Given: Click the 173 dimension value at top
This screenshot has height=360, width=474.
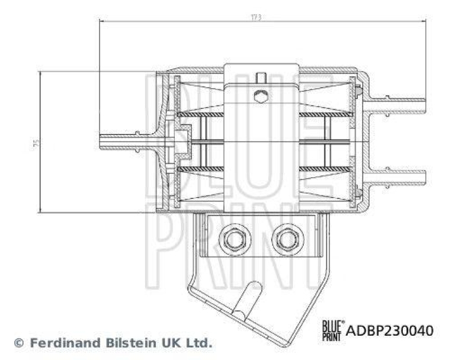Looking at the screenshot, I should [257, 18].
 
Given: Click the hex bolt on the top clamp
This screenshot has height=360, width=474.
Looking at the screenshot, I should [260, 96].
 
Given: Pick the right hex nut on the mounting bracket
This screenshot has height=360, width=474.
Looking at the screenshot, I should [287, 239].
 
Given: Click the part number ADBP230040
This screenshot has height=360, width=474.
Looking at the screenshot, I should [390, 330].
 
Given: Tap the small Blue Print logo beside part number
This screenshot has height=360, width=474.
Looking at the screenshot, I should [332, 329].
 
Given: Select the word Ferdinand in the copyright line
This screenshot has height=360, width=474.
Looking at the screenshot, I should [58, 343].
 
